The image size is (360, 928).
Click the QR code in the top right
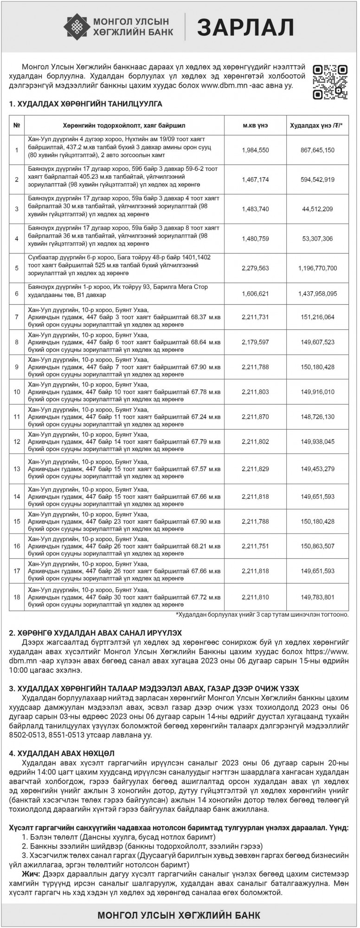(x=330, y=82)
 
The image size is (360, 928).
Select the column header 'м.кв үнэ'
(x=255, y=126)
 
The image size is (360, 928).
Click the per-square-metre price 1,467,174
(x=255, y=180)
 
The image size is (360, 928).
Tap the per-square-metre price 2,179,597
(x=255, y=342)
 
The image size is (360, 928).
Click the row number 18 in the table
(x=17, y=597)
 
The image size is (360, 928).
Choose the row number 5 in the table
(x=17, y=268)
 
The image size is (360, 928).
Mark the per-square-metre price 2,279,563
(x=255, y=268)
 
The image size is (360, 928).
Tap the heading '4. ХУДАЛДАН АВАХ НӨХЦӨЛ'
(x=62, y=753)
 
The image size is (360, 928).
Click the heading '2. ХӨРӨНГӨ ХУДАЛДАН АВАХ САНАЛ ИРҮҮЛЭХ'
(x=96, y=632)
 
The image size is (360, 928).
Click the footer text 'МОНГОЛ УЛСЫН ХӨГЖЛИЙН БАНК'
(x=180, y=915)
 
